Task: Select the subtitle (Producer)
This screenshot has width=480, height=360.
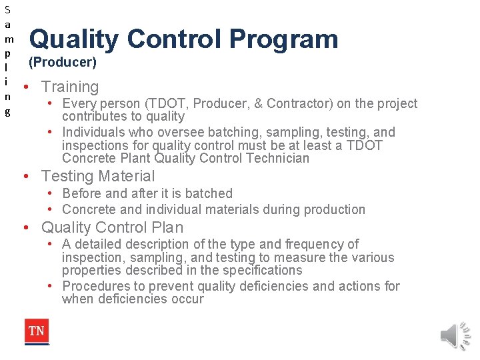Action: (x=62, y=63)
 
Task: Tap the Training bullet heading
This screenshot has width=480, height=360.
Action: (x=69, y=87)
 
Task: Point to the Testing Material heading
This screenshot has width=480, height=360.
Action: (x=97, y=176)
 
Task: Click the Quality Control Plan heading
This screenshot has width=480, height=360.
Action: (x=112, y=227)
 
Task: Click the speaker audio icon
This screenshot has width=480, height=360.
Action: (x=456, y=333)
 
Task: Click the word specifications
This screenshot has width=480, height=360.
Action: (x=265, y=270)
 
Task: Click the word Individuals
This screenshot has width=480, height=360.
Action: (x=95, y=132)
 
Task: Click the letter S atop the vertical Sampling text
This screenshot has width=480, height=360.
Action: (x=7, y=10)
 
